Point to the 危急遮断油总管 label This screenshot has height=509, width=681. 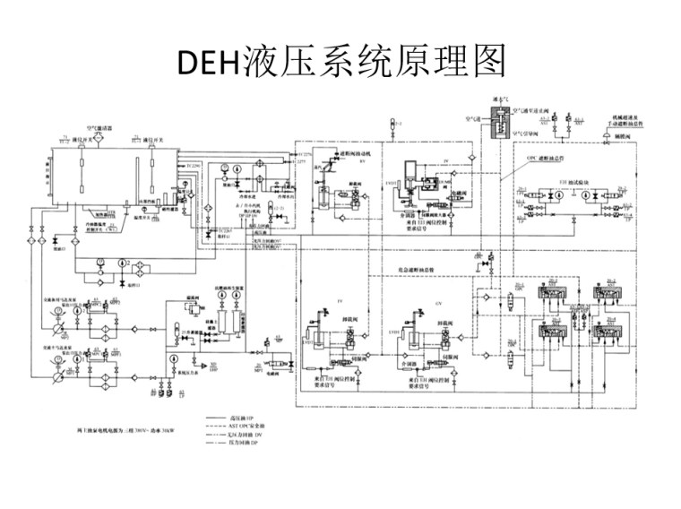pos(416,267)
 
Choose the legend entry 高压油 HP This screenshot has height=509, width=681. pos(241,418)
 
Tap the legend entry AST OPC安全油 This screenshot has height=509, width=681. pos(246,426)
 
